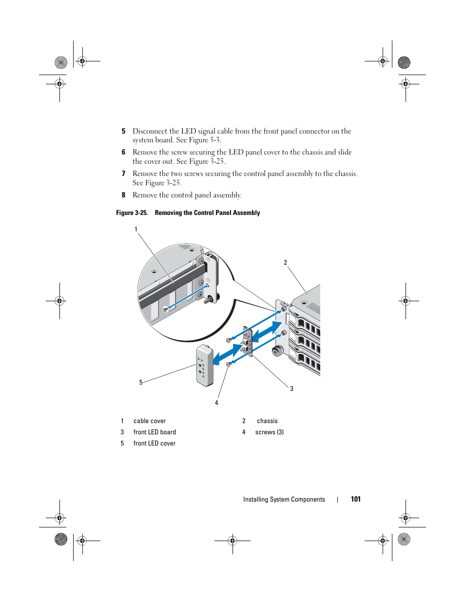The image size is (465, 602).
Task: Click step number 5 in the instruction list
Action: [x=123, y=131]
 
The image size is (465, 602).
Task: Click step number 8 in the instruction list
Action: [x=123, y=195]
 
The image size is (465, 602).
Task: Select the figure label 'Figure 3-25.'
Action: [x=132, y=213]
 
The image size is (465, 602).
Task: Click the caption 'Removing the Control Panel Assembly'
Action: [x=207, y=213]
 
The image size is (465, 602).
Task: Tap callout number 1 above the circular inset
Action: [x=136, y=230]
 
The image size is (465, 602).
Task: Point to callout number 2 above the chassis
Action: [x=286, y=263]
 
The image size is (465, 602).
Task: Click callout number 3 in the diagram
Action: [x=291, y=389]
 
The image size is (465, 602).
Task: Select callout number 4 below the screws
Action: [x=216, y=403]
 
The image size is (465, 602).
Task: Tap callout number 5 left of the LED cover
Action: [x=141, y=383]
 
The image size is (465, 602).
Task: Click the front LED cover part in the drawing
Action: [x=205, y=365]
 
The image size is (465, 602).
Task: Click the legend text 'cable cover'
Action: [x=150, y=421]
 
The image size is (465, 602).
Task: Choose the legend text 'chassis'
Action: [x=267, y=421]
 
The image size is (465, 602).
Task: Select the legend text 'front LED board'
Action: [x=155, y=432]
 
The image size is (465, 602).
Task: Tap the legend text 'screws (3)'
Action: [x=270, y=432]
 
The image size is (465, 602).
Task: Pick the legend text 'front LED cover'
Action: [x=155, y=444]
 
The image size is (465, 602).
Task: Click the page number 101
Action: [x=356, y=499]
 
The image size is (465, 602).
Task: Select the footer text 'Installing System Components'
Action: [x=284, y=500]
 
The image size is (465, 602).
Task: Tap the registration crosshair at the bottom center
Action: [x=232, y=541]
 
